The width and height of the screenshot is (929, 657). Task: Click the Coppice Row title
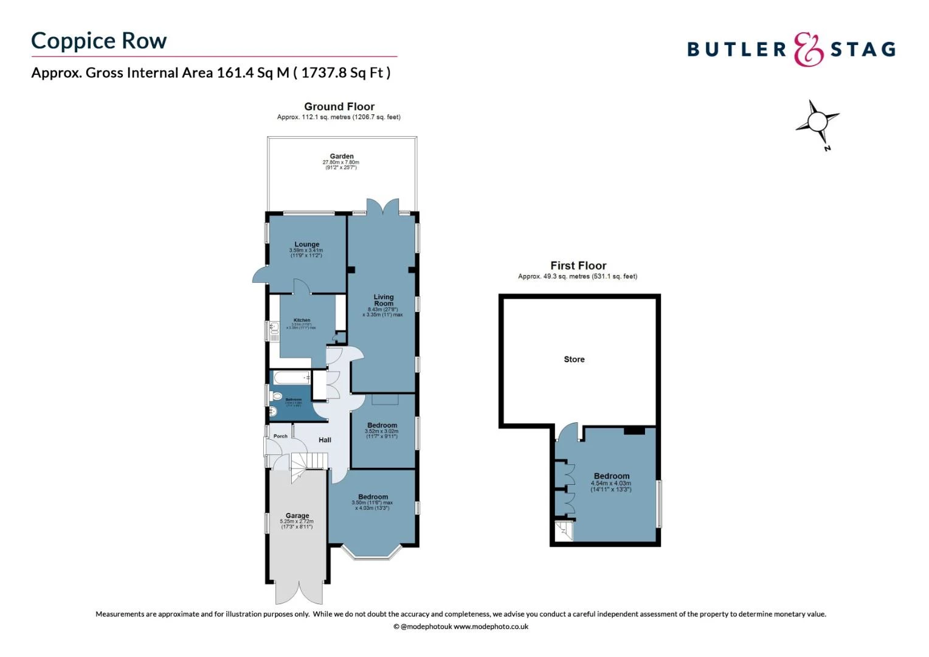coord(98,41)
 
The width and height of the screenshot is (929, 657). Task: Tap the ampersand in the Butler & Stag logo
coord(809,49)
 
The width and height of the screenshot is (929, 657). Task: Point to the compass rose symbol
coord(818,122)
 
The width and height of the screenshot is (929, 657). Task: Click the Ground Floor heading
coord(339,106)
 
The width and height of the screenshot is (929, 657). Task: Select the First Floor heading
coord(578,266)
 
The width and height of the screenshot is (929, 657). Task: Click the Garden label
coord(342,156)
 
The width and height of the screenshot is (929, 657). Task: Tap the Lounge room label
coord(307,245)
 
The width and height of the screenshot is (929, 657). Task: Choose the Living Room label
coord(384,300)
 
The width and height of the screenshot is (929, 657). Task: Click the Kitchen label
coord(302,320)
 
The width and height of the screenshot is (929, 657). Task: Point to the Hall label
coord(325,440)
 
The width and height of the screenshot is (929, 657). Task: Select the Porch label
coord(280,436)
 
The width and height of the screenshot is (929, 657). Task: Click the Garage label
coord(297,516)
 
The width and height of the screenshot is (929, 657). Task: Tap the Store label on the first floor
coord(574,360)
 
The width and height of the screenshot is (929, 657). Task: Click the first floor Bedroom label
coord(612,476)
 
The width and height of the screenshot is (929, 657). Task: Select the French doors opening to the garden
coord(383,207)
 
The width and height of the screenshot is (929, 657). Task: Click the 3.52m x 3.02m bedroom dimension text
coord(382,431)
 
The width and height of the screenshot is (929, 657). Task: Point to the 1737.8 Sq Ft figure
coord(345,73)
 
